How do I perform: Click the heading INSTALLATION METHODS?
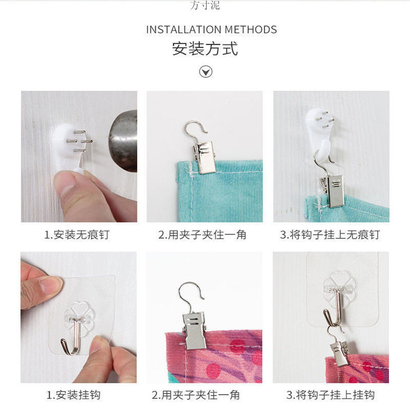point(211,29)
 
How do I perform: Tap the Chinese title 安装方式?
point(205,49)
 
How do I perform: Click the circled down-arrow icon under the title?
point(206,71)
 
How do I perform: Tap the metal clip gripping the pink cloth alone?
point(195,328)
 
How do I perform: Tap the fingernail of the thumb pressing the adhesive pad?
point(51,284)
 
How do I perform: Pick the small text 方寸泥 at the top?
point(205,6)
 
